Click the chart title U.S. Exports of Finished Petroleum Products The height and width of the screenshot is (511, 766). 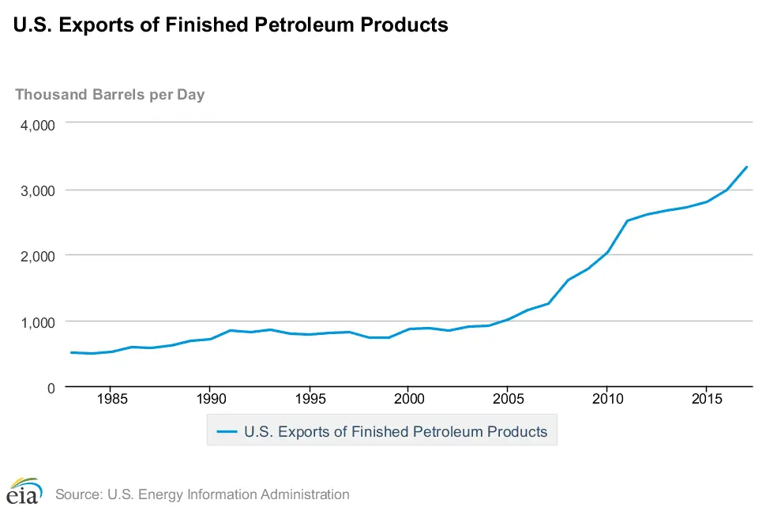tap(231, 25)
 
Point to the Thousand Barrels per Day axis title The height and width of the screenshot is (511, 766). tap(110, 95)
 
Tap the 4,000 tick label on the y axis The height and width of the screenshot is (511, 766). tap(38, 125)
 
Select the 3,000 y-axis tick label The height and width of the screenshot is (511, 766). tap(38, 190)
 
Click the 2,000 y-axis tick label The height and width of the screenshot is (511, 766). tap(38, 256)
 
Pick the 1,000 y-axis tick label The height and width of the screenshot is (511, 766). tap(38, 321)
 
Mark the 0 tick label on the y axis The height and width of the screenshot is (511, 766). tap(50, 387)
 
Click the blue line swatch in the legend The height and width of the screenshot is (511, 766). tap(227, 432)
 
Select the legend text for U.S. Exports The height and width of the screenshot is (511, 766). tap(396, 432)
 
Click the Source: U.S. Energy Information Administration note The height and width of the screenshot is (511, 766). tap(202, 494)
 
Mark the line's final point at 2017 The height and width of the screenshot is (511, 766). tap(746, 167)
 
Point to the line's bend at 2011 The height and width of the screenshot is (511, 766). tap(627, 221)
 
